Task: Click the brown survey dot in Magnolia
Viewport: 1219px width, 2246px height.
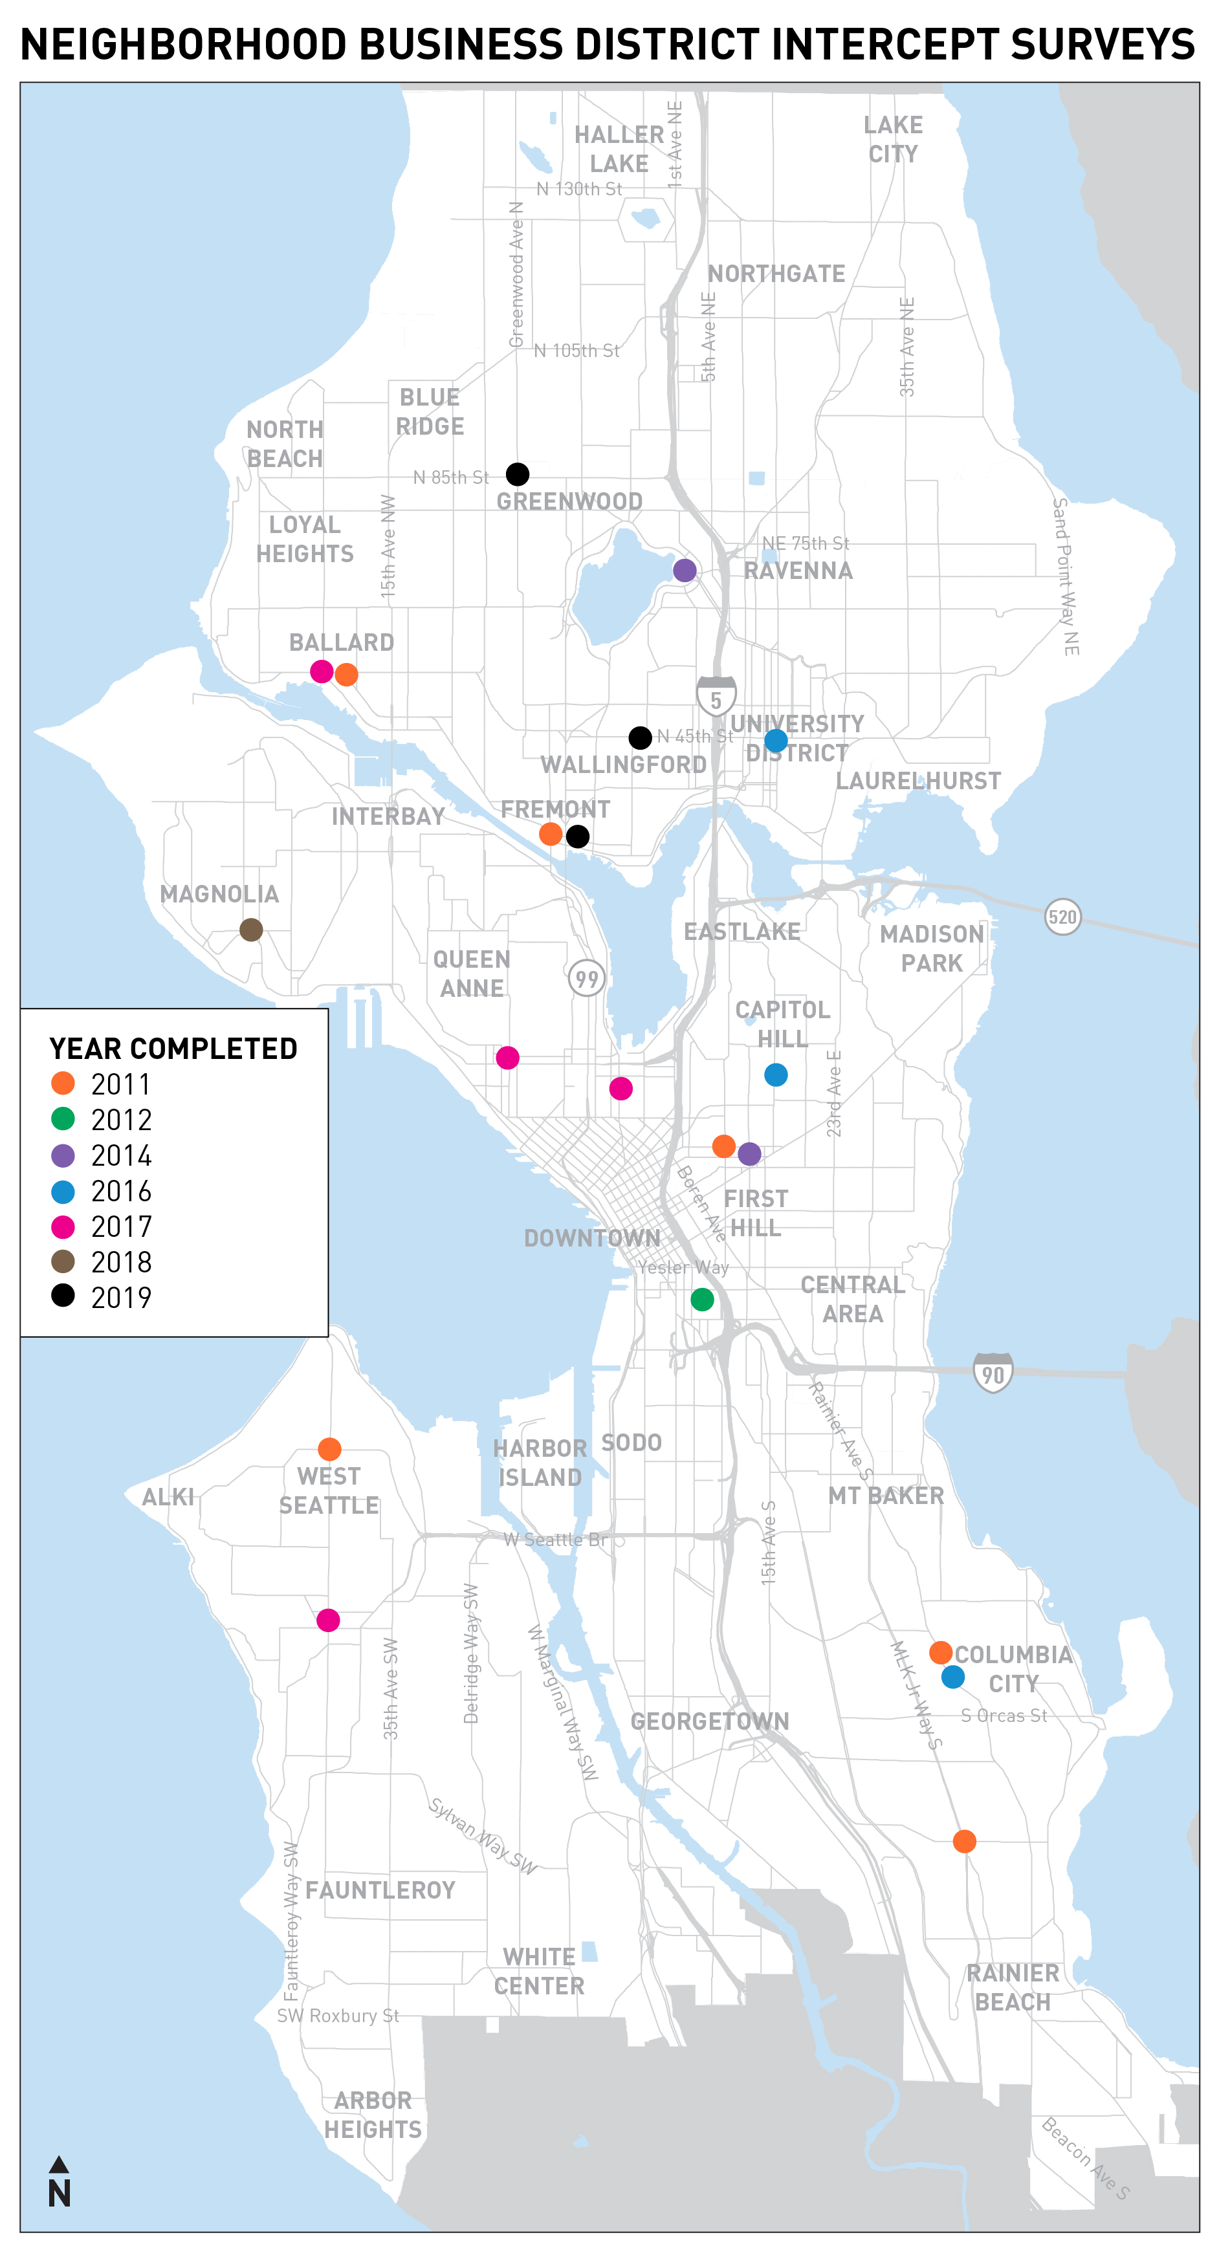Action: [251, 930]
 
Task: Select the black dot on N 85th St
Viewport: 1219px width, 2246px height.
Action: [517, 474]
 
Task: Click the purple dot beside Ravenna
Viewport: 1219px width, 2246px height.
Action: [685, 570]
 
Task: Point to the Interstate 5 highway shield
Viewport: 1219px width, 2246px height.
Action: [716, 697]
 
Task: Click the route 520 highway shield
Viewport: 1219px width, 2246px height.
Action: [1062, 917]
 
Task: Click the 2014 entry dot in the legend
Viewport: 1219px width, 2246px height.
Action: [63, 1155]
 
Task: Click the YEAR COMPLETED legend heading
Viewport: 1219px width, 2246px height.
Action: [173, 1048]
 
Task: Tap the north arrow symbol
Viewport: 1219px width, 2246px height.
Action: [58, 2183]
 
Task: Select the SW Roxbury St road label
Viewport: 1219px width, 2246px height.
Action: [338, 2015]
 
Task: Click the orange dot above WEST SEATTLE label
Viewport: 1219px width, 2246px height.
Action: [329, 1449]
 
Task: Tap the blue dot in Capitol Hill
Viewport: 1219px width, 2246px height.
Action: [775, 1075]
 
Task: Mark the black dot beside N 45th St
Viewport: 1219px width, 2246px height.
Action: [640, 737]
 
